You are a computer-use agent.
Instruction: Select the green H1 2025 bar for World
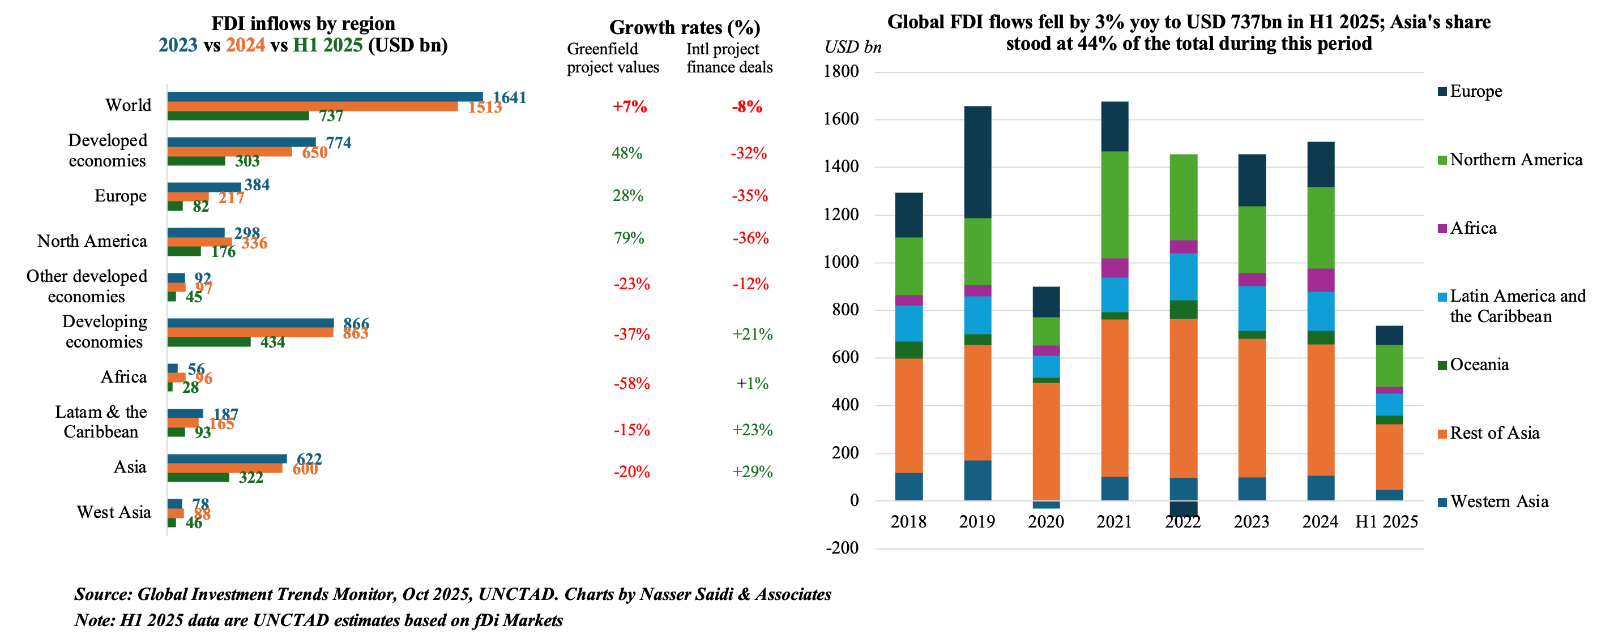(x=238, y=116)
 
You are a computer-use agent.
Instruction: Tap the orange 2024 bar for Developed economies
(x=229, y=152)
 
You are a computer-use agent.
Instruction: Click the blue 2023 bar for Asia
(x=227, y=458)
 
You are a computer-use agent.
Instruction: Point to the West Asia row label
(x=113, y=512)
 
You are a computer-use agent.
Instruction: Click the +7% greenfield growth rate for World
(x=629, y=106)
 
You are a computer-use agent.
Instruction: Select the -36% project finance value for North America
(x=750, y=238)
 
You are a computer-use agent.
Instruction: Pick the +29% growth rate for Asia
(x=752, y=471)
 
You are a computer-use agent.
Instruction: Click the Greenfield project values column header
(x=612, y=58)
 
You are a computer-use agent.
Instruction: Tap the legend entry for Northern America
(x=1515, y=160)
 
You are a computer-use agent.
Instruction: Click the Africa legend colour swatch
(x=1442, y=229)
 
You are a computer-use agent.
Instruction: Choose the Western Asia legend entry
(x=1498, y=501)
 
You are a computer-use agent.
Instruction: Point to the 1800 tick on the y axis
(x=842, y=71)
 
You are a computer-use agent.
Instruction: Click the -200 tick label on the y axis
(x=842, y=548)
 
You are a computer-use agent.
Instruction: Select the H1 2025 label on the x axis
(x=1386, y=522)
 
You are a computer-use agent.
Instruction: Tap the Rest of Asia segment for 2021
(x=1115, y=398)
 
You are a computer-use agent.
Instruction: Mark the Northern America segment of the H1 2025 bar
(x=1389, y=366)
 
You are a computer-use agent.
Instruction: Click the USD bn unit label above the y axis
(x=853, y=47)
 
